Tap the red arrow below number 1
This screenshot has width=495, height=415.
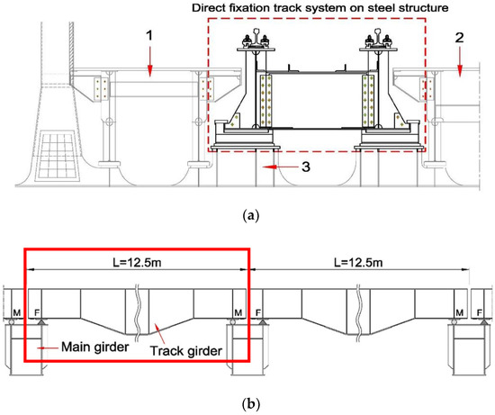click(151, 61)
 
